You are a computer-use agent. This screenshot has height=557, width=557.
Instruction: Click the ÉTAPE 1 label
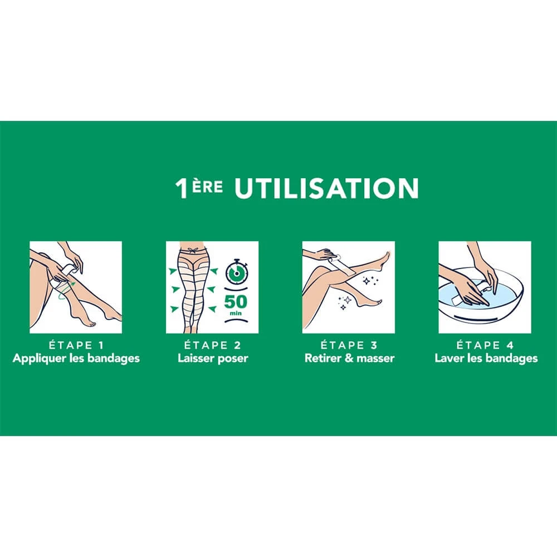tap(76, 345)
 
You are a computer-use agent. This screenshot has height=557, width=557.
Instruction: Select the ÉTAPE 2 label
tap(212, 345)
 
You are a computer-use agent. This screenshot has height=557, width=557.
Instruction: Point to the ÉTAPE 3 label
tap(349, 345)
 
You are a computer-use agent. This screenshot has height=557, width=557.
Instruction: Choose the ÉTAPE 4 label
tap(485, 345)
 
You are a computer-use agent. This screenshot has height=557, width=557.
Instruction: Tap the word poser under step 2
tap(233, 358)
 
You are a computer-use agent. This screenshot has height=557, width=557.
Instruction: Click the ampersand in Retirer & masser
tap(350, 358)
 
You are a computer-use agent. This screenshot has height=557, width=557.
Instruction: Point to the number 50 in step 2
tap(236, 302)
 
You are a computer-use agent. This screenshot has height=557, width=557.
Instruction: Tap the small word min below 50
tap(236, 313)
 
